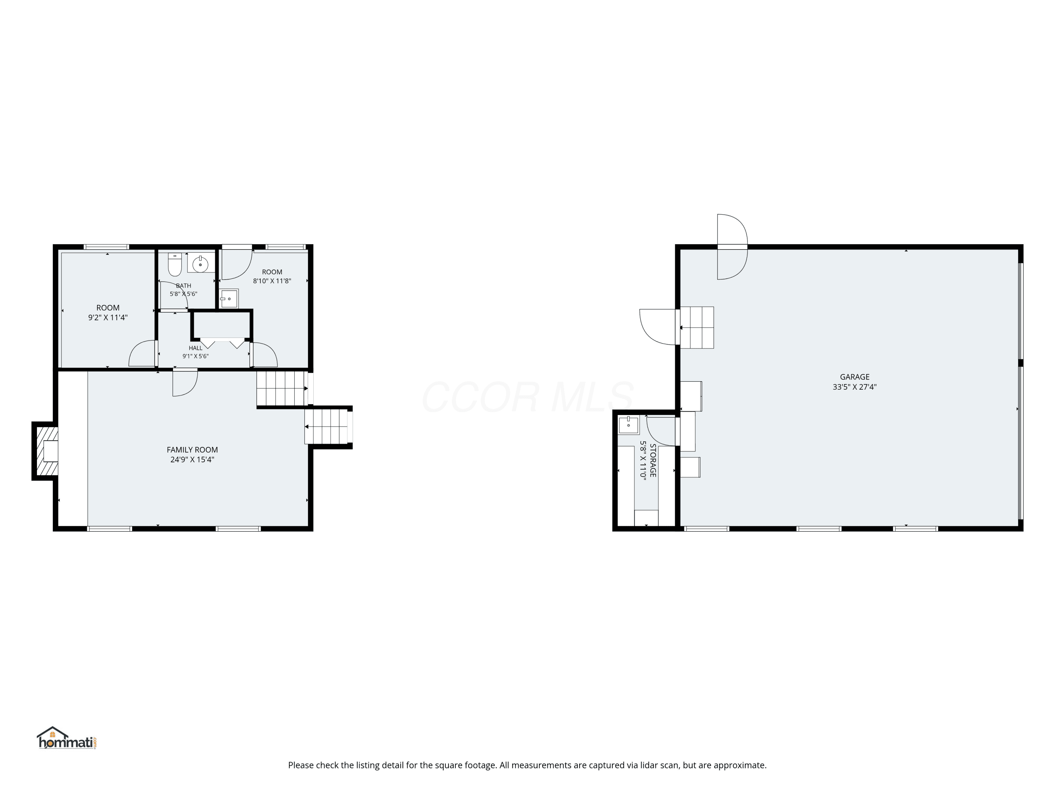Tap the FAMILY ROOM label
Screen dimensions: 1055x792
[x=192, y=450]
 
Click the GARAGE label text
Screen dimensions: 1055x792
[x=855, y=377]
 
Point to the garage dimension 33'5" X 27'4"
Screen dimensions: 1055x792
[x=855, y=387]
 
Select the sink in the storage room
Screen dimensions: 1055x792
[x=629, y=425]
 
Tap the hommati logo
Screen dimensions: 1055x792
[x=67, y=738]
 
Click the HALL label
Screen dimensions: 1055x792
[x=196, y=348]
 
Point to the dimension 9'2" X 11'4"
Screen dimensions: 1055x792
[x=108, y=318]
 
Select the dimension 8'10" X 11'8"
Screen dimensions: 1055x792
[x=272, y=281]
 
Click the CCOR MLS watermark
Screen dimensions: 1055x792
[x=527, y=397]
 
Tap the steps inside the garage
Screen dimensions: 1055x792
[x=697, y=327]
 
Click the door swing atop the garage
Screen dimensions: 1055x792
[x=732, y=246]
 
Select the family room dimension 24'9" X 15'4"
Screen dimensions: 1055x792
[x=192, y=460]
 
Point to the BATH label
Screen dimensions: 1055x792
[x=184, y=286]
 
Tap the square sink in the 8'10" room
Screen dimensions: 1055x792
[x=229, y=298]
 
